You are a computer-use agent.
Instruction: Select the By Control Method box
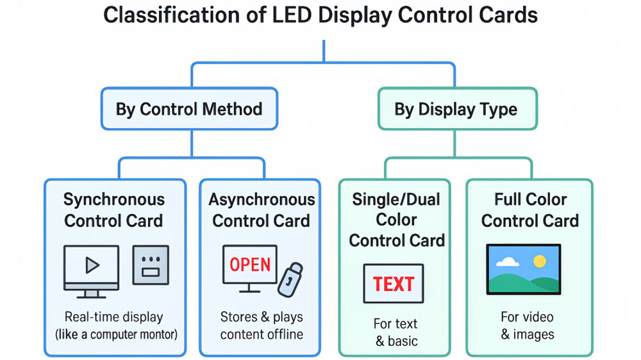pyautogui.click(x=189, y=108)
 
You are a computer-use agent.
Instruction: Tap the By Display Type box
pyautogui.click(x=456, y=109)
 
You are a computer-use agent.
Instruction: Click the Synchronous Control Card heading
pyautogui.click(x=114, y=210)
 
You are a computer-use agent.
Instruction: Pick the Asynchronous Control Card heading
pyautogui.click(x=262, y=210)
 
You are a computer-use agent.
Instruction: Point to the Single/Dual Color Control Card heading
pyautogui.click(x=396, y=220)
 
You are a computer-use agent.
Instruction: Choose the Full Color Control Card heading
pyautogui.click(x=530, y=210)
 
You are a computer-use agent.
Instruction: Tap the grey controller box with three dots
pyautogui.click(x=151, y=265)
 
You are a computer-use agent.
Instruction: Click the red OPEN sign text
pyautogui.click(x=250, y=265)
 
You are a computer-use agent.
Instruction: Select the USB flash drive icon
pyautogui.click(x=290, y=279)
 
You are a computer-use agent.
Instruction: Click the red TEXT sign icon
pyautogui.click(x=394, y=283)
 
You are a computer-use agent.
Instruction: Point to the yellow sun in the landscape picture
pyautogui.click(x=540, y=261)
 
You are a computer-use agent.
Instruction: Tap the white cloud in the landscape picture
pyautogui.click(x=507, y=262)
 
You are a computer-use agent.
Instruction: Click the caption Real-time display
pyautogui.click(x=114, y=316)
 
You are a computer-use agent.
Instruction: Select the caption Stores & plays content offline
pyautogui.click(x=262, y=325)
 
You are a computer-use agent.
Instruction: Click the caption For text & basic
pyautogui.click(x=395, y=332)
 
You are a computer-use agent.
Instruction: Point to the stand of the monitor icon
pyautogui.click(x=92, y=294)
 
